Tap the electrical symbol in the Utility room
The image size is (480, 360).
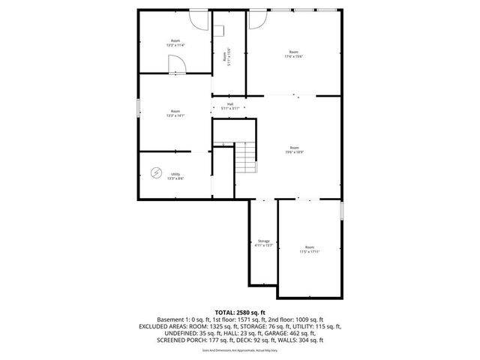[x=156, y=173]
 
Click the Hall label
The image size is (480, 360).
[x=230, y=104]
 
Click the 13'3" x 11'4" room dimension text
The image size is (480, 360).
[x=175, y=45]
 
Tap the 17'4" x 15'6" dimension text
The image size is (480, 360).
[x=293, y=57]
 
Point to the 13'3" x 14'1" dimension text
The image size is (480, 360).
[x=175, y=115]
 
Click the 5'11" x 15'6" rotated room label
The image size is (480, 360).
[x=226, y=55]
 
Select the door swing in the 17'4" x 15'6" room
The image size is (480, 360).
[x=254, y=21]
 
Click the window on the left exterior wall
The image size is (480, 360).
[x=138, y=108]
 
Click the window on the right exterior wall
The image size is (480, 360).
[x=342, y=211]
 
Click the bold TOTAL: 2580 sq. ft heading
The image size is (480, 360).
[x=240, y=311]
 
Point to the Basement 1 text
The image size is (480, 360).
[x=172, y=319]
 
